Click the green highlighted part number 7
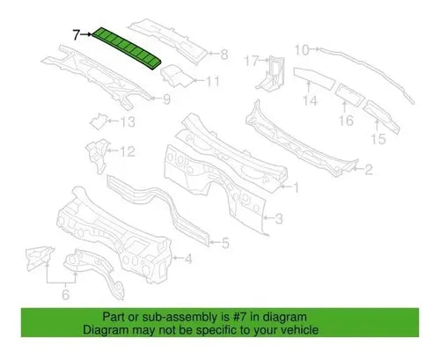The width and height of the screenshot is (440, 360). click(127, 49)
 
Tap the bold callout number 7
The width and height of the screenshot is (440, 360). click(76, 35)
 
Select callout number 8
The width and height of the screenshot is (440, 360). click(224, 55)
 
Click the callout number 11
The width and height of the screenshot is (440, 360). click(213, 81)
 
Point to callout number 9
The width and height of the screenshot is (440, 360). click(166, 99)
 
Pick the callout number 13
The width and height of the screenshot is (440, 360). click(128, 121)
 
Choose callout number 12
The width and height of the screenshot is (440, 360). click(128, 151)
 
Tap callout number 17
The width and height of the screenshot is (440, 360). click(251, 62)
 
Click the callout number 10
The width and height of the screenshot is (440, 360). click(302, 50)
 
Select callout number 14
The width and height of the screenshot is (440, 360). click(310, 100)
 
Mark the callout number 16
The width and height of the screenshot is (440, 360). click(346, 121)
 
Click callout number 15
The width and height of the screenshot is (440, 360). click(378, 139)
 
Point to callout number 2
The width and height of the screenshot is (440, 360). click(369, 170)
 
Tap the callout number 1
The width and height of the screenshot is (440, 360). click(297, 187)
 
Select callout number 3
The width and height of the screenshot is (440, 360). click(279, 218)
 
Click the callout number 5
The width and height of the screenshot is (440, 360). click(225, 243)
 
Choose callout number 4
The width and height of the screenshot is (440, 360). click(188, 259)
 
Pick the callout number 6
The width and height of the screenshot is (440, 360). click(66, 294)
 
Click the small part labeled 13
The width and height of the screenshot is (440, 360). click(98, 121)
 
